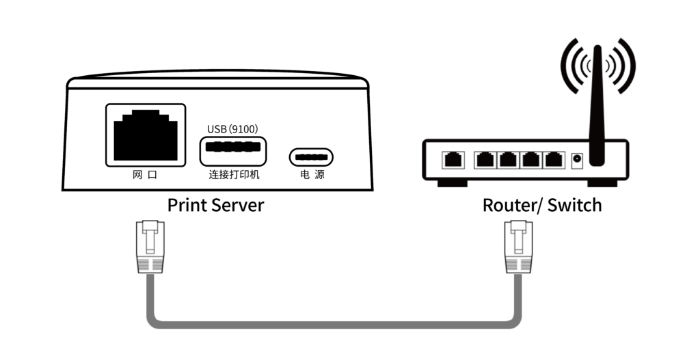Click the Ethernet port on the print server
[x=145, y=134]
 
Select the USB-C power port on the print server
[x=311, y=157]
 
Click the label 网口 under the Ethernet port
[x=145, y=175]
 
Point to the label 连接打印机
[x=234, y=175]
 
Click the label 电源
[x=312, y=175]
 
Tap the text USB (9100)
[x=232, y=128]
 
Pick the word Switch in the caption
[x=575, y=204]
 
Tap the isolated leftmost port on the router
[x=453, y=160]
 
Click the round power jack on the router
[x=576, y=160]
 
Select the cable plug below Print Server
[x=150, y=246]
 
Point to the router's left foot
[x=452, y=182]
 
